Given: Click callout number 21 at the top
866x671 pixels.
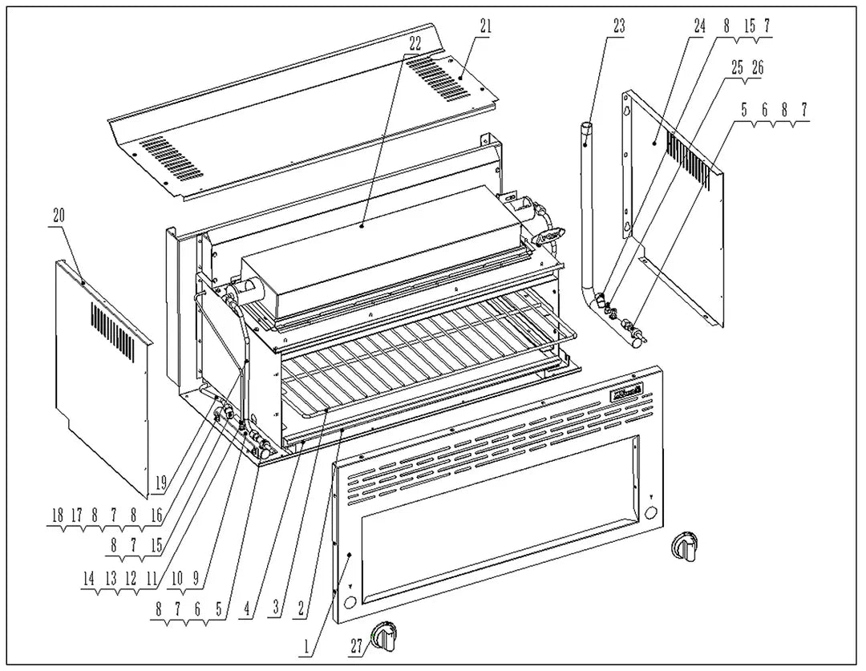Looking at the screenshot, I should (x=485, y=25).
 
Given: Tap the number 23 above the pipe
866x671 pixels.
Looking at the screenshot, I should (x=618, y=25).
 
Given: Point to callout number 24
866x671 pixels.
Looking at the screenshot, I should (x=699, y=25).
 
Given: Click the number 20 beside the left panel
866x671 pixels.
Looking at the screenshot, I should (x=59, y=215).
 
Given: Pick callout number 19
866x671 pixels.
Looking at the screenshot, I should (x=160, y=483).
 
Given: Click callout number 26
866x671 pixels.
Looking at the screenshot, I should (x=757, y=68).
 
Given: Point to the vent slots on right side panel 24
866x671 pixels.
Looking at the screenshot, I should (x=688, y=160).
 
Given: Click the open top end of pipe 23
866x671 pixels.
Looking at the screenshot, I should (x=586, y=126).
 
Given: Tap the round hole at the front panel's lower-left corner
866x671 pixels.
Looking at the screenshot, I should (x=350, y=601).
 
